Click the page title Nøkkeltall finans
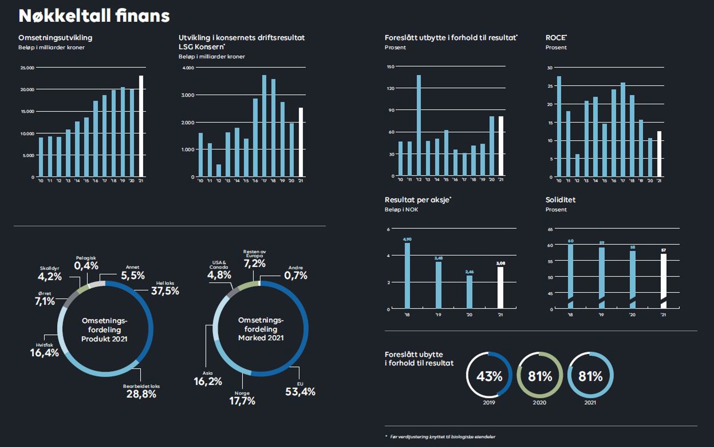click(x=94, y=16)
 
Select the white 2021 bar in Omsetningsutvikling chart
click(x=141, y=126)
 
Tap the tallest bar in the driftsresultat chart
click(x=264, y=126)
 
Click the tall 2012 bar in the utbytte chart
click(x=419, y=125)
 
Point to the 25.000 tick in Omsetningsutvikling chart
click(x=27, y=68)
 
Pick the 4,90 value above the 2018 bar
click(x=407, y=240)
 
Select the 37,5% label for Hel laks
click(x=165, y=291)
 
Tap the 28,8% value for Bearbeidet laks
click(x=141, y=394)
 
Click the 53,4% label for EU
click(x=300, y=392)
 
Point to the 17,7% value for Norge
click(x=242, y=401)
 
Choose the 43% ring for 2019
click(x=489, y=376)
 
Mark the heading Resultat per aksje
click(x=417, y=200)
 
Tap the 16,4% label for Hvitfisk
click(x=44, y=353)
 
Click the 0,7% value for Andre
click(x=296, y=275)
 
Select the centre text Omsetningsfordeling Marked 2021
click(x=261, y=329)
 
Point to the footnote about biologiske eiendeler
click(x=442, y=437)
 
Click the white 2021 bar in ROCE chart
click(x=659, y=154)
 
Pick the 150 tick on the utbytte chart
click(x=391, y=67)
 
